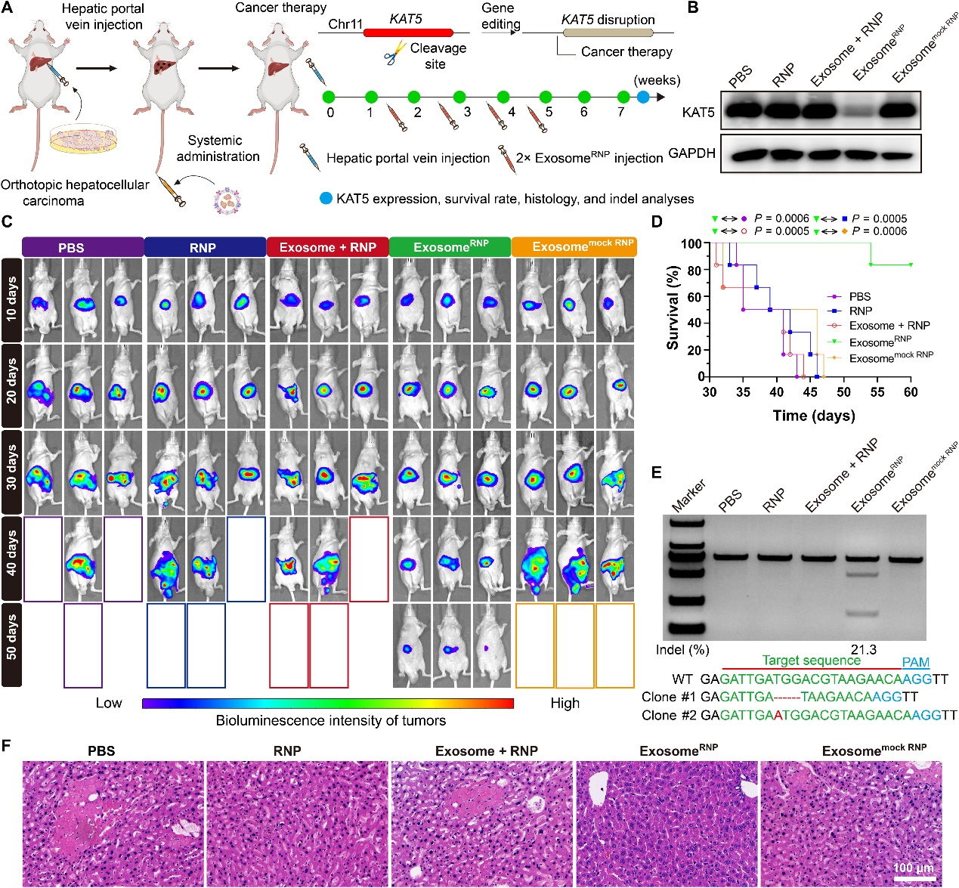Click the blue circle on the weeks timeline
tap(642, 97)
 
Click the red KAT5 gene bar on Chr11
tap(408, 32)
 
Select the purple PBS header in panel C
tap(83, 247)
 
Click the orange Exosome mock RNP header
tap(574, 247)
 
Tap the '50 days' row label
tap(11, 645)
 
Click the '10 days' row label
tap(11, 299)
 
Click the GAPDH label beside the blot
tap(691, 153)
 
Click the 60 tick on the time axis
tap(911, 391)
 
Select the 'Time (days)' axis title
tap(814, 416)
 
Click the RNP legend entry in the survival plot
tap(861, 311)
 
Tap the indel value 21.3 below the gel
tap(863, 650)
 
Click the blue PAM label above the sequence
tap(915, 662)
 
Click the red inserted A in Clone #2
tap(778, 715)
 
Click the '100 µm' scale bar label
tap(913, 868)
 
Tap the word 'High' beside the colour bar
tap(565, 703)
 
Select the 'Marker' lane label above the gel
tap(688, 495)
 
